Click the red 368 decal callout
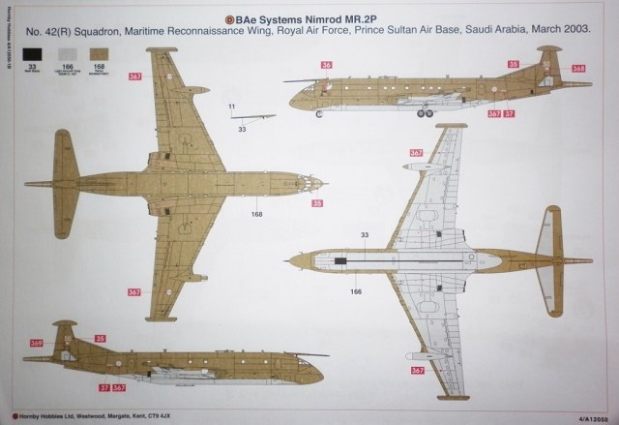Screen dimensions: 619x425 (577, 68)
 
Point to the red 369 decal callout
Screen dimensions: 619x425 (36, 343)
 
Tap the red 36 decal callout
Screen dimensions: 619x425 (326, 65)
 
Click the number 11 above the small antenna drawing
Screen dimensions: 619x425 (232, 105)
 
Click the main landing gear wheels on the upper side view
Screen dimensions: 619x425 (423, 114)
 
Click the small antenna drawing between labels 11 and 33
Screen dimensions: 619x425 (245, 118)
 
